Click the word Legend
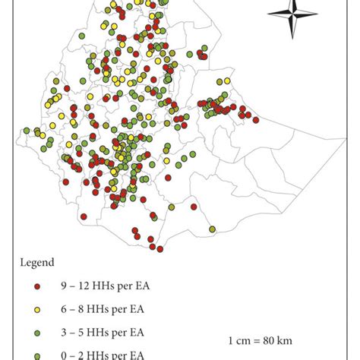37,263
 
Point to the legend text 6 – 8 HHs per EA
97,309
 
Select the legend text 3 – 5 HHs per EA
97,332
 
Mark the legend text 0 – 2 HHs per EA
97,354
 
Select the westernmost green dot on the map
27,131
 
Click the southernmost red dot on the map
160,248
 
